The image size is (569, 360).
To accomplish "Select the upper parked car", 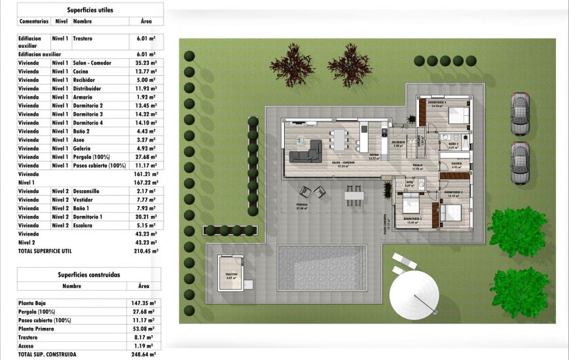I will click(520, 113).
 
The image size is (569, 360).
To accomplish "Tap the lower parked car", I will click(519, 163).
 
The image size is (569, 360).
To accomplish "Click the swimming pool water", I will click(321, 268).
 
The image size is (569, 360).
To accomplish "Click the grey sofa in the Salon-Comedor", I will click(306, 152).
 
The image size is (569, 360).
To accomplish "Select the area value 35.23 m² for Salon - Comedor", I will click(145, 63).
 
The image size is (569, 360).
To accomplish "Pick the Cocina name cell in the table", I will click(82, 71).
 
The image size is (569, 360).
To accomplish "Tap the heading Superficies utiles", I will click(89, 10).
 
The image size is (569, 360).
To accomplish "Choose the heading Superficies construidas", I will click(89, 275).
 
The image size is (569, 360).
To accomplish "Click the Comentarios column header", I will click(33, 22).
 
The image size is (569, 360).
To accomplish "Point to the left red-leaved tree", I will click(292, 65).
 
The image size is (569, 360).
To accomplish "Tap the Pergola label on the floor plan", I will click(302, 204).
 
